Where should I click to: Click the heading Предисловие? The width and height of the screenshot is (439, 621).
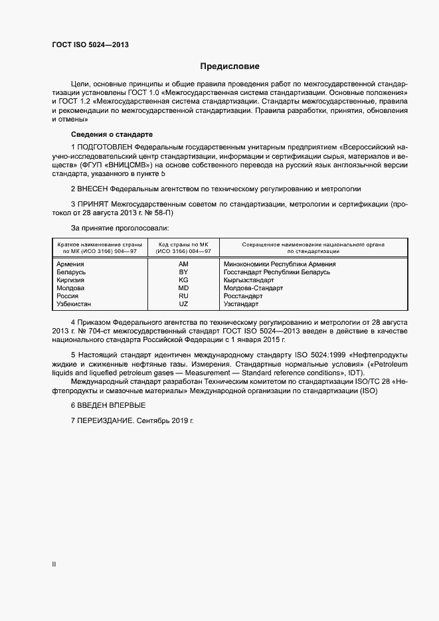(x=230, y=66)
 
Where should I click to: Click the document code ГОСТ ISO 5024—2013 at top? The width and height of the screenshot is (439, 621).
(x=90, y=44)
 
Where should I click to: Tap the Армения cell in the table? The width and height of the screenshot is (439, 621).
(x=71, y=264)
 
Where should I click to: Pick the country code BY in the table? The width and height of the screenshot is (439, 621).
(x=184, y=272)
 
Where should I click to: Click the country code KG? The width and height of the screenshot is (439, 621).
(x=184, y=280)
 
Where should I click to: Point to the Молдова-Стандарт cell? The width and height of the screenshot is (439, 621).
(x=253, y=288)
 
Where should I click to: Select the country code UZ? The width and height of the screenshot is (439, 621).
(x=184, y=304)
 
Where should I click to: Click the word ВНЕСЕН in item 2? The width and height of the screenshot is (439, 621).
(x=93, y=189)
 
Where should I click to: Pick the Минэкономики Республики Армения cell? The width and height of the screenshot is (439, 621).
(x=280, y=264)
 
